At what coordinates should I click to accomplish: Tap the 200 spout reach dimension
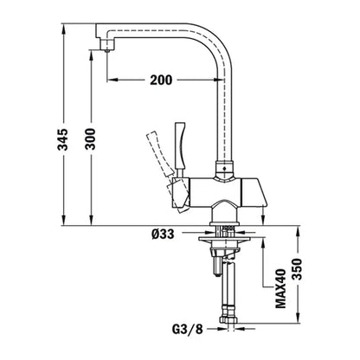point(160,80)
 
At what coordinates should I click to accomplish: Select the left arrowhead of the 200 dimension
point(110,80)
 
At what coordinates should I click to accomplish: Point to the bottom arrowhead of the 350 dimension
point(295,329)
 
